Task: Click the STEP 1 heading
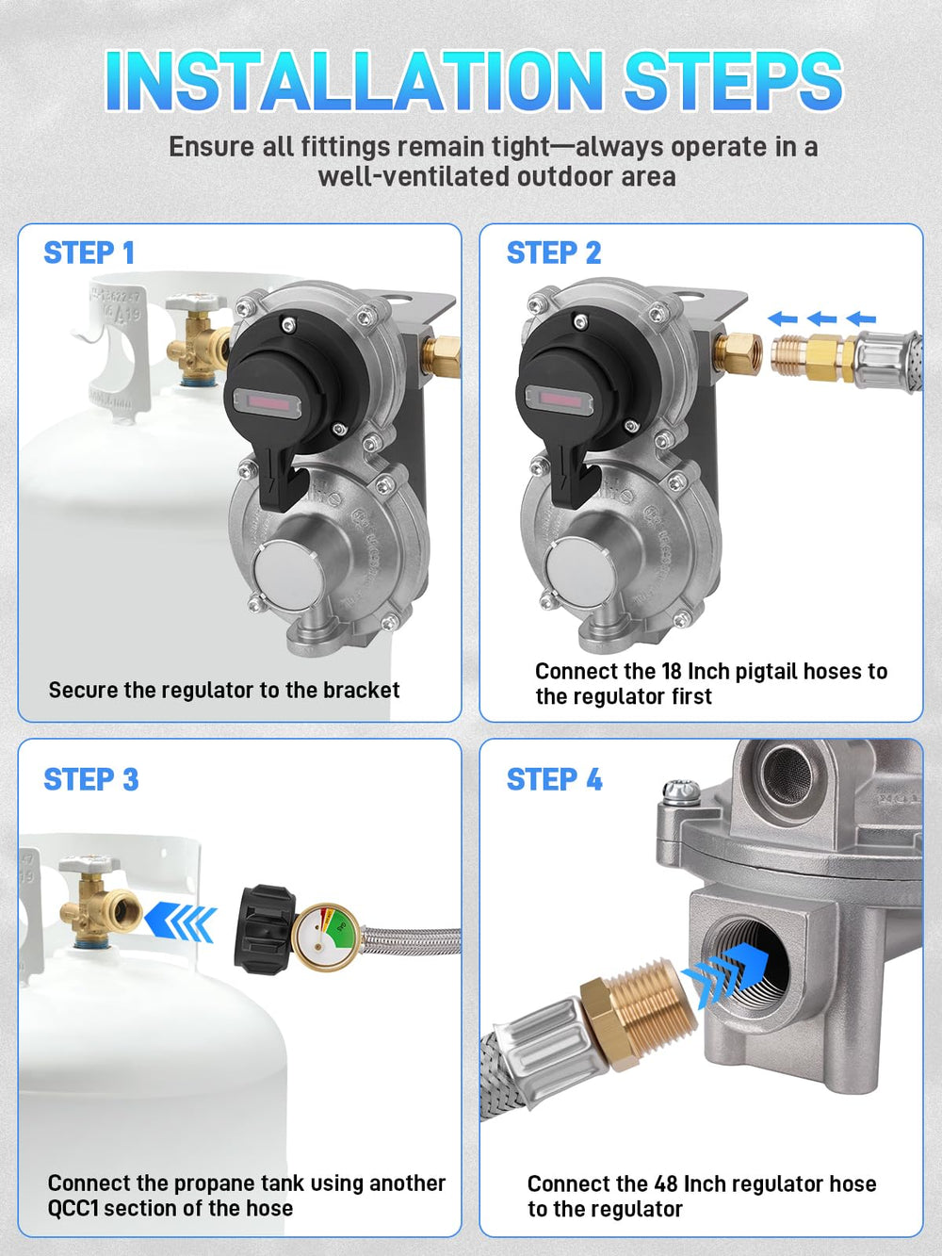point(89,253)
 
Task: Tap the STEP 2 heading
point(554,253)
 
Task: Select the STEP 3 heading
point(91,779)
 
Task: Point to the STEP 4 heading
point(554,779)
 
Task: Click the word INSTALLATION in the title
point(354,81)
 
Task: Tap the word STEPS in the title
point(733,81)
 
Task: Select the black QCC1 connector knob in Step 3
point(265,929)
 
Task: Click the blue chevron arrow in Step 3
point(180,922)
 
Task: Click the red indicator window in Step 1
point(268,402)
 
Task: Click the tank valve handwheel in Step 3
point(89,865)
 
